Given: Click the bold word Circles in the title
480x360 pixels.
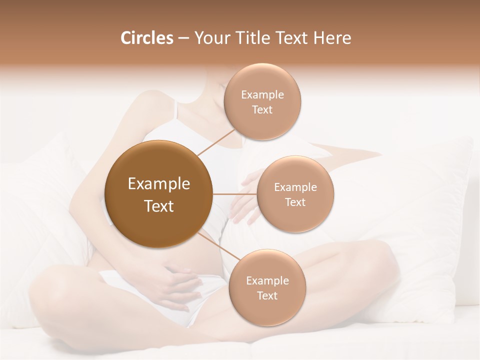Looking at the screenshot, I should point(147,38).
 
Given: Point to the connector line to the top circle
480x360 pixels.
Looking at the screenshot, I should point(216,142).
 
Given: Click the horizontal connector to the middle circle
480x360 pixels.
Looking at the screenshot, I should point(235,194).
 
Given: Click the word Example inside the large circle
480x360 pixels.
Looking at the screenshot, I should point(158,184).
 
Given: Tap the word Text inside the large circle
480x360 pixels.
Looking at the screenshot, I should point(158,206).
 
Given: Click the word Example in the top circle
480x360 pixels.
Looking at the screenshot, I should point(262,95).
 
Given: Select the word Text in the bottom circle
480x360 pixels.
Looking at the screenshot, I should point(267,295).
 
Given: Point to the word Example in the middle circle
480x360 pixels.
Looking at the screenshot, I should point(295,187).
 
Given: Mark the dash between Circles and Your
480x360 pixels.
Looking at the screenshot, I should point(183,38).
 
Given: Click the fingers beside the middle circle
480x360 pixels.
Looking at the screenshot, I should point(245,200).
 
